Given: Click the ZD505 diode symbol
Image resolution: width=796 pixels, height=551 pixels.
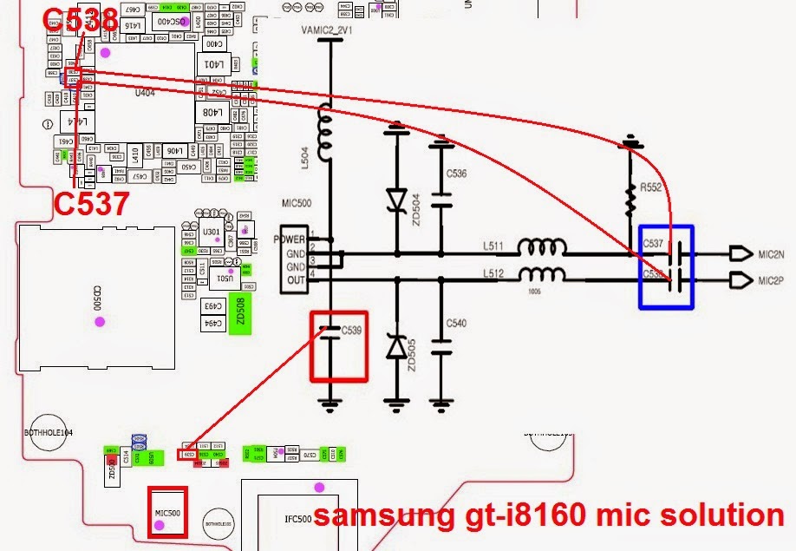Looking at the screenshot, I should (x=397, y=348).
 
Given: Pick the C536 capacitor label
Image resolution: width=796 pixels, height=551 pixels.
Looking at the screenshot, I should (x=456, y=174).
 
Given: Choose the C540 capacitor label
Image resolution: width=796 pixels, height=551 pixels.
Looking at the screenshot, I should (x=456, y=324).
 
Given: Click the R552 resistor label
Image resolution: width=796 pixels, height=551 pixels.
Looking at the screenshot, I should (x=651, y=187).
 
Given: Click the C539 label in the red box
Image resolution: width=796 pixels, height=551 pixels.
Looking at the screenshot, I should (x=352, y=331).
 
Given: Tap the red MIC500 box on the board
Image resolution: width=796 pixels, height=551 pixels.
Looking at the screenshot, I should (x=167, y=513).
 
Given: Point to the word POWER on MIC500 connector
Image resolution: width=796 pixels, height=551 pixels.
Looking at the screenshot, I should (x=289, y=239).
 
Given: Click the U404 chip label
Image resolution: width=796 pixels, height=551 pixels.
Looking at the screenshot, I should (x=146, y=92).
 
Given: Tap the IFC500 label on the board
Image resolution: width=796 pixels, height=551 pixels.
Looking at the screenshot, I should (x=297, y=519).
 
